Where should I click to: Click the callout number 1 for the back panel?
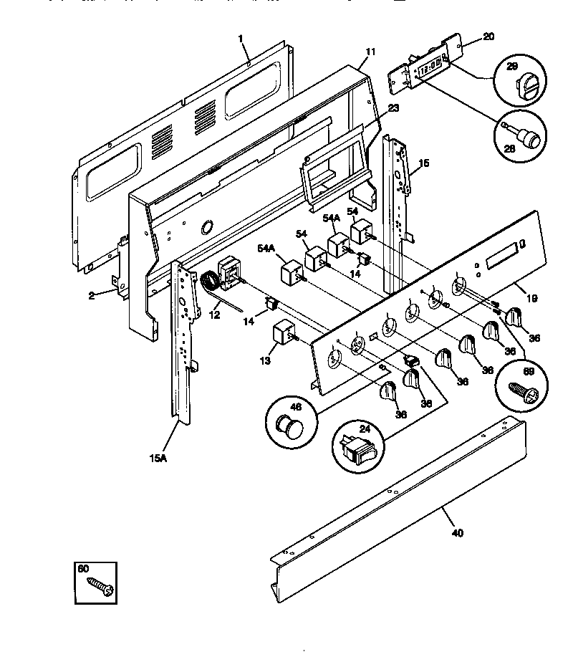click(x=241, y=37)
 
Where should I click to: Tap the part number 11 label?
click(x=370, y=52)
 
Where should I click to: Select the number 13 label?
click(x=266, y=360)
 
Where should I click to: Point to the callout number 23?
click(x=393, y=108)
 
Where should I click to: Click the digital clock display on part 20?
click(x=428, y=69)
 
